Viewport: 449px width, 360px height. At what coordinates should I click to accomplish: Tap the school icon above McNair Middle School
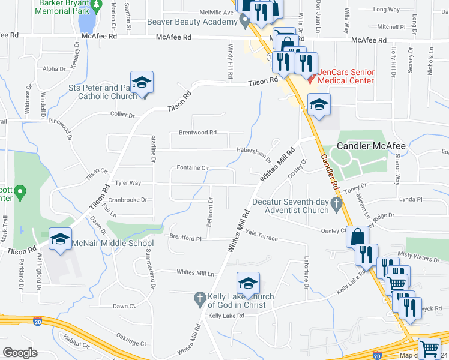pyautogui.click(x=60, y=239)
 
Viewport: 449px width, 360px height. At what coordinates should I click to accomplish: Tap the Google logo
pyautogui.click(x=20, y=352)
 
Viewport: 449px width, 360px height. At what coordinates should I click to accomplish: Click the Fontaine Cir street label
pyautogui.click(x=192, y=168)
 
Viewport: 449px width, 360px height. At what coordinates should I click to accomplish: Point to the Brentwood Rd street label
pyautogui.click(x=197, y=133)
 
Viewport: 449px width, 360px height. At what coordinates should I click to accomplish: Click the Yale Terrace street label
pyautogui.click(x=262, y=238)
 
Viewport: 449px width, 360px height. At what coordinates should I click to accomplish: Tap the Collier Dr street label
pyautogui.click(x=122, y=114)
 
